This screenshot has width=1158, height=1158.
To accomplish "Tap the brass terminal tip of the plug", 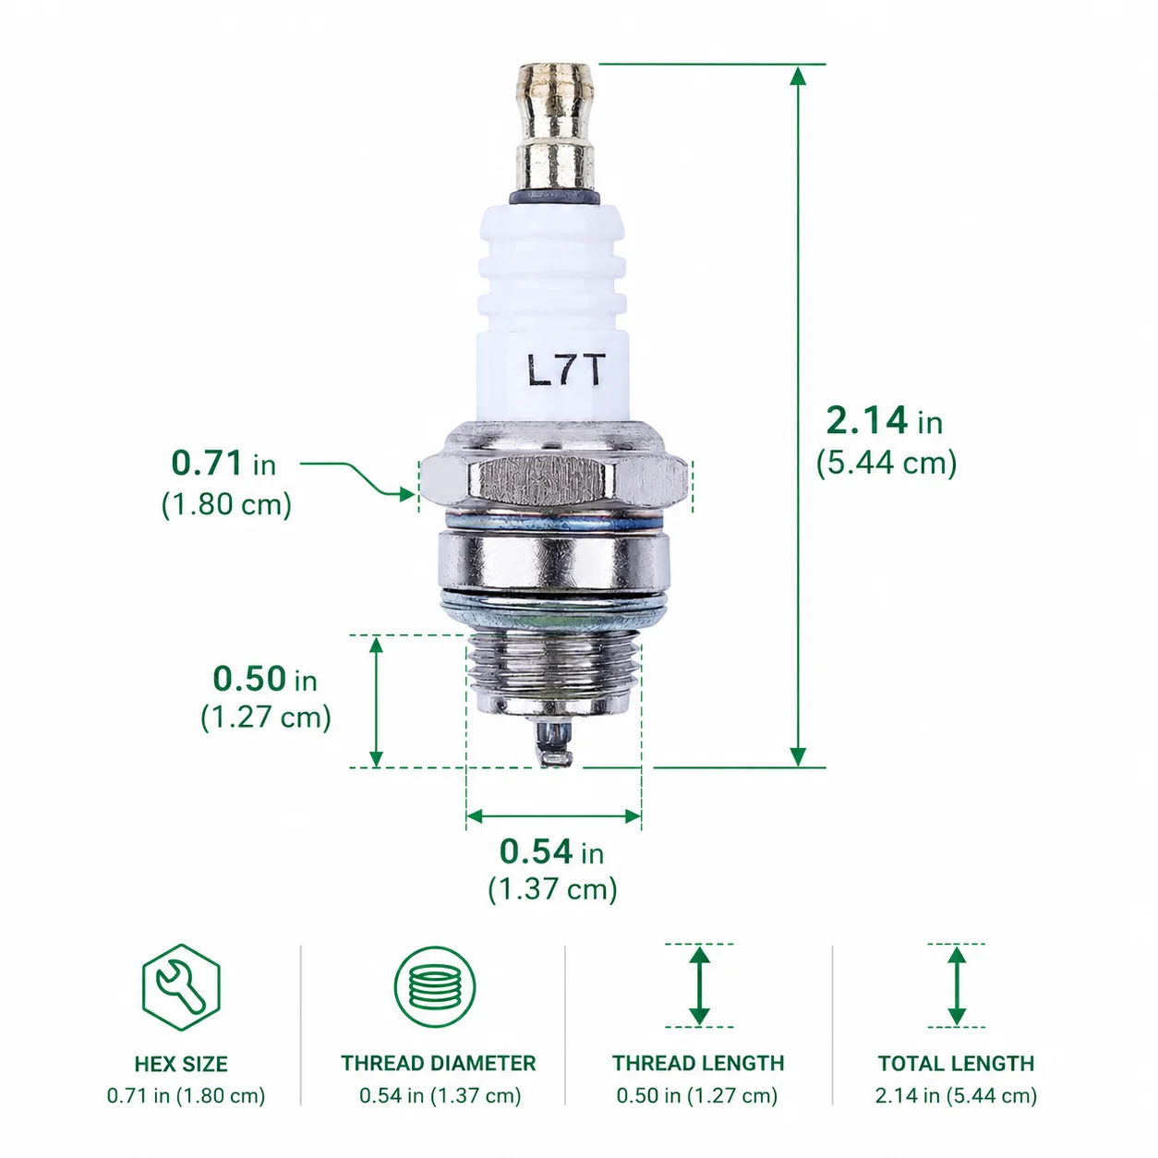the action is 555,128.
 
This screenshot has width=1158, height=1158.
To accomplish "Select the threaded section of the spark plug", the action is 553,675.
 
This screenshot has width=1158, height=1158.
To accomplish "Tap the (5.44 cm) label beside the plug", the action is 887,464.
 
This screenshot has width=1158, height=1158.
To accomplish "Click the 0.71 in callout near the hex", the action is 223,464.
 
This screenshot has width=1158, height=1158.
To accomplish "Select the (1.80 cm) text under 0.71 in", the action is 226,504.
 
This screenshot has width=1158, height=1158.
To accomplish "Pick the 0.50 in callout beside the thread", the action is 265,679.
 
